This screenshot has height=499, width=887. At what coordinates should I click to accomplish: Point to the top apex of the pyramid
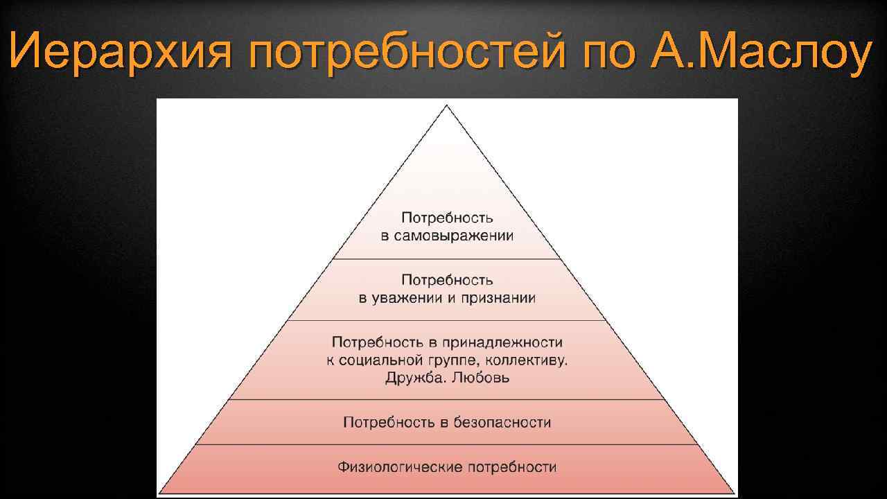tap(447, 106)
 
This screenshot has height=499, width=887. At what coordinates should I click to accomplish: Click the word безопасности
tap(502, 422)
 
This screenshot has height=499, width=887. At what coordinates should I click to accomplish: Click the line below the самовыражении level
tap(447, 259)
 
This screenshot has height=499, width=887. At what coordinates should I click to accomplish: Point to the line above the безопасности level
tap(447, 399)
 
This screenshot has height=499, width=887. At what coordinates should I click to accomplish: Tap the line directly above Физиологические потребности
tap(447, 444)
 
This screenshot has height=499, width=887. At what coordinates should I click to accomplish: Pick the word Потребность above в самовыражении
tap(447, 218)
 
